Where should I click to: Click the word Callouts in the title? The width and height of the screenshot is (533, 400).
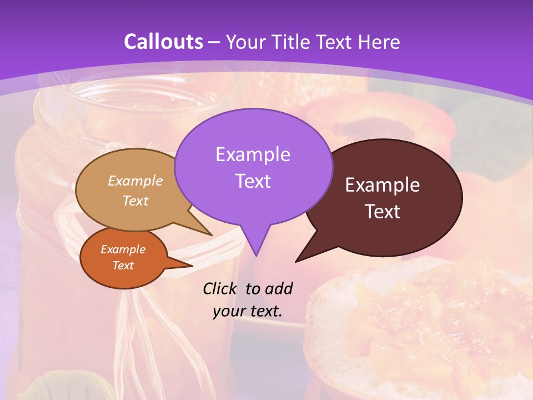pos(164,42)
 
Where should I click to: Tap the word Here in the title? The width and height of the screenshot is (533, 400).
pos(380,42)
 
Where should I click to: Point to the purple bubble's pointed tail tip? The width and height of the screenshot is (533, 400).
pos(256,255)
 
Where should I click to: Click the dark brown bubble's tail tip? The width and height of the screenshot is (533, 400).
pos(296,261)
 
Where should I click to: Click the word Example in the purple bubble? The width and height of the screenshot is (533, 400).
pos(253,154)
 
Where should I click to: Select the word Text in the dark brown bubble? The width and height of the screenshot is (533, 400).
pos(383,212)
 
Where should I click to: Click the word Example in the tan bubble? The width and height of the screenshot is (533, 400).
pos(135,181)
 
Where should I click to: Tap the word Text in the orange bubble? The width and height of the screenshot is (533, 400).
pos(123,266)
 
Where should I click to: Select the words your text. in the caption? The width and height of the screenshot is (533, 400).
pos(247,311)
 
